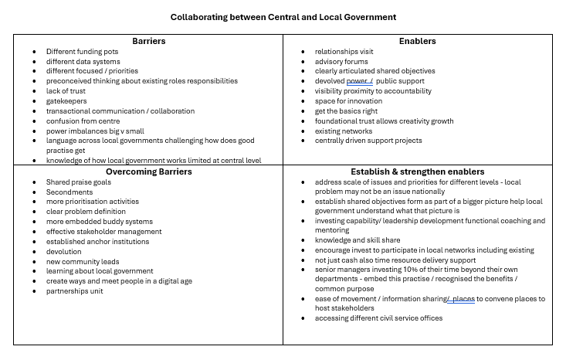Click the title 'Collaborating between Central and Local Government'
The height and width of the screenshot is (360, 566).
pyautogui.click(x=283, y=16)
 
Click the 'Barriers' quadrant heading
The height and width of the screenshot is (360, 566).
pyautogui.click(x=148, y=41)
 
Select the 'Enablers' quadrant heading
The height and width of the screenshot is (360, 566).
pyautogui.click(x=417, y=41)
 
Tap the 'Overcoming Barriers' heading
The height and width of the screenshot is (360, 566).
pyautogui.click(x=148, y=172)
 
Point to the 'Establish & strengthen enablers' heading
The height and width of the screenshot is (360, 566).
pyautogui.click(x=417, y=172)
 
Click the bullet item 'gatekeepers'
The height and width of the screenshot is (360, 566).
pyautogui.click(x=66, y=100)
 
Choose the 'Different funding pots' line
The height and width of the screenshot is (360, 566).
pyautogui.click(x=82, y=51)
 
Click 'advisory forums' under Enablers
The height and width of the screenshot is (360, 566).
pyautogui.click(x=341, y=61)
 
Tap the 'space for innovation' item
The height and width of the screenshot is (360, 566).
pyautogui.click(x=348, y=100)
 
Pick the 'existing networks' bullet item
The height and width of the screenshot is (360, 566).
pyautogui.click(x=344, y=131)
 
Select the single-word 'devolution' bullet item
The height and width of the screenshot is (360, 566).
pyautogui.click(x=65, y=251)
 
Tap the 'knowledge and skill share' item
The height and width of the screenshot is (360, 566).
pyautogui.click(x=357, y=240)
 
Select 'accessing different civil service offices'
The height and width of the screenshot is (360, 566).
pyautogui.click(x=378, y=318)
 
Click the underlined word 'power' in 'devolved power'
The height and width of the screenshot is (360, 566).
pyautogui.click(x=356, y=80)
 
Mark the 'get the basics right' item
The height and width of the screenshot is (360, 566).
pyautogui.click(x=347, y=110)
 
